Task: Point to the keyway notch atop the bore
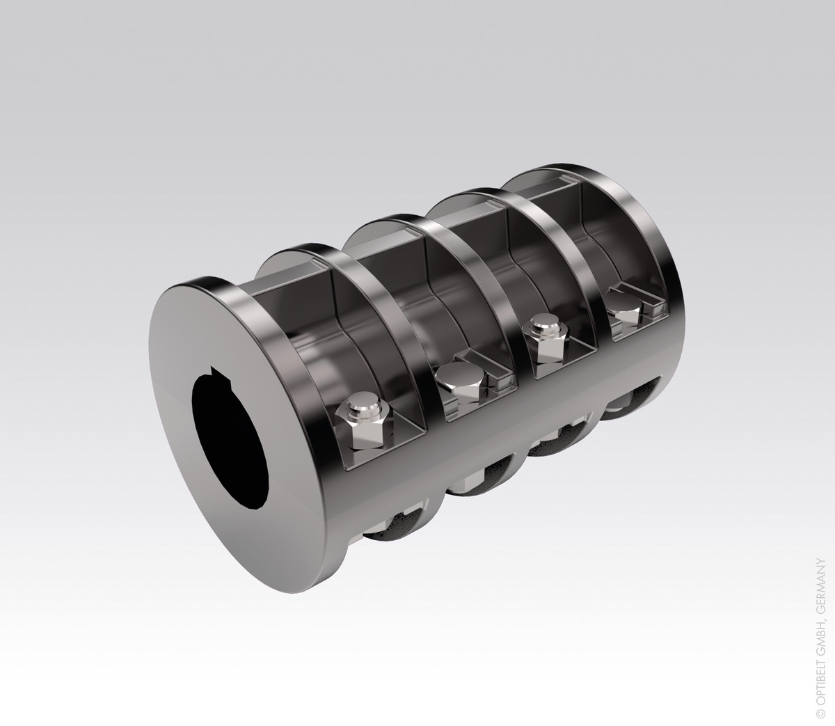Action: [x=221, y=375]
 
